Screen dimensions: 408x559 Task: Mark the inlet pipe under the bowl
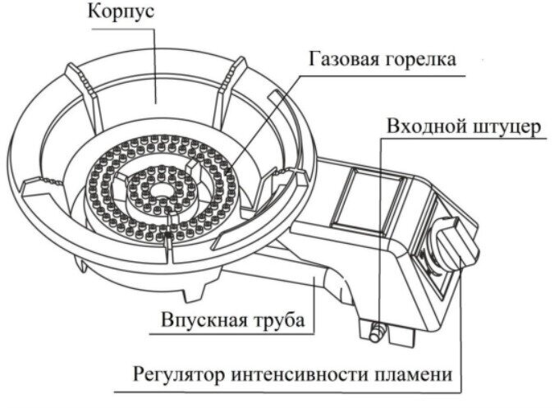click(x=320, y=283)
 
